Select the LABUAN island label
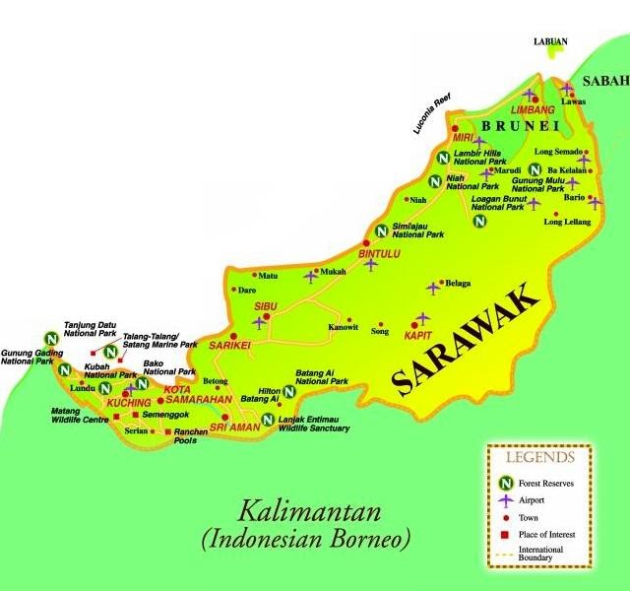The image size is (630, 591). point(549,40)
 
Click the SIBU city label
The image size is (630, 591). point(267,307)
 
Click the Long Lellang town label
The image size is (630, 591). point(564,224)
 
